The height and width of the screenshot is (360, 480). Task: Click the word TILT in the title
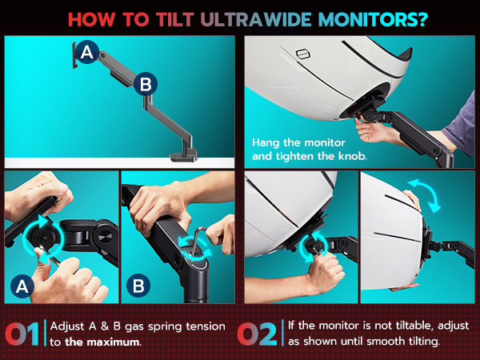click(x=174, y=19)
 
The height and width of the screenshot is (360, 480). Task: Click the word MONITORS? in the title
click(x=373, y=19)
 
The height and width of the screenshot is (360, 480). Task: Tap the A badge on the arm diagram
click(x=87, y=52)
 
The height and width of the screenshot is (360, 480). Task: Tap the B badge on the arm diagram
click(x=146, y=84)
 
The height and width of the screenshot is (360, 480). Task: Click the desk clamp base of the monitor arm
click(x=183, y=156)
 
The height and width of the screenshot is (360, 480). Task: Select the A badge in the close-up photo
click(x=22, y=286)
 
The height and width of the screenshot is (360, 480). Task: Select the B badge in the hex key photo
click(x=138, y=286)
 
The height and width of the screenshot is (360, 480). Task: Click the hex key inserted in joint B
click(x=198, y=238)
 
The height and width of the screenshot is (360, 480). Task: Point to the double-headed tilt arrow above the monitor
click(x=425, y=195)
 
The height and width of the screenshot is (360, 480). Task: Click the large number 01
click(x=22, y=334)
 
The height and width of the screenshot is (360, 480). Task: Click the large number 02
click(x=258, y=334)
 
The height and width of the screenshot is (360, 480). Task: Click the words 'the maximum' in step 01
click(x=103, y=342)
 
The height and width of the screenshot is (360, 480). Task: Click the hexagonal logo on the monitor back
click(x=303, y=54)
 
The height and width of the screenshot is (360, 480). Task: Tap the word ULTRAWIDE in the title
click(x=256, y=19)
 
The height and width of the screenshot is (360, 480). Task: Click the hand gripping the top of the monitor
click(x=412, y=199)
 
